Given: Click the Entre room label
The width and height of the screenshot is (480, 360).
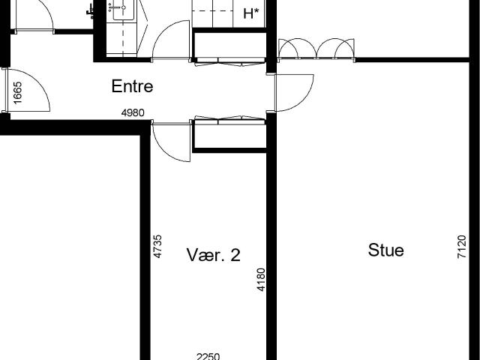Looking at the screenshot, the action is [x=132, y=86].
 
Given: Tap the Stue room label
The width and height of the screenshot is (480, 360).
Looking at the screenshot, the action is [x=385, y=250].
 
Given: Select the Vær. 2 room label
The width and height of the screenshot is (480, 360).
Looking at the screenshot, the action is [x=213, y=255].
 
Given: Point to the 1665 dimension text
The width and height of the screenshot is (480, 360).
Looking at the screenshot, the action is [x=17, y=92].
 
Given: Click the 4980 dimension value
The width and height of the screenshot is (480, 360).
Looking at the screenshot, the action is [x=133, y=113].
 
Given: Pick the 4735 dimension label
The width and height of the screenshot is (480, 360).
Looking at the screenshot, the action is [x=157, y=247].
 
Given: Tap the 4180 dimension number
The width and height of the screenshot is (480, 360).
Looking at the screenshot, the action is [x=261, y=280].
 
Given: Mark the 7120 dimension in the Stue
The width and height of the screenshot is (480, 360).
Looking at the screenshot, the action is [x=462, y=247].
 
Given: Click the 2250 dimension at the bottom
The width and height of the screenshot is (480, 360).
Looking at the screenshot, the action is [x=208, y=356].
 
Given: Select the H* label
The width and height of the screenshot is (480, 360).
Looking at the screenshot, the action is [x=251, y=13].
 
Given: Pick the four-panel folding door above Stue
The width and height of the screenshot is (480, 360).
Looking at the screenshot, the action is [x=316, y=48].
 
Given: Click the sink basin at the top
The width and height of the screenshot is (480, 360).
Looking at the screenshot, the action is [x=123, y=9].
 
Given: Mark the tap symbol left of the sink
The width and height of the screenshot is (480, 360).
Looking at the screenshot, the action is [x=90, y=12].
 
